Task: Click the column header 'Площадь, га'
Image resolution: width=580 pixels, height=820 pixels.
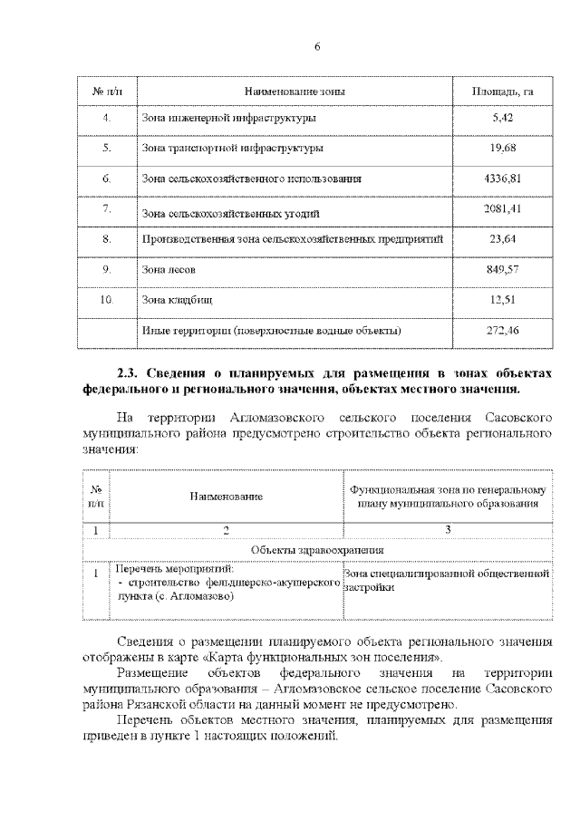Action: coord(502,92)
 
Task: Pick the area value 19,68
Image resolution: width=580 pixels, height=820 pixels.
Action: coord(502,148)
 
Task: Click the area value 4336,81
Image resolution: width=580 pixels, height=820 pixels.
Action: coord(502,178)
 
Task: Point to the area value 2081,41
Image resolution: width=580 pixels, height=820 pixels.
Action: coord(502,209)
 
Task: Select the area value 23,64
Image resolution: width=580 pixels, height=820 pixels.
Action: coord(502,239)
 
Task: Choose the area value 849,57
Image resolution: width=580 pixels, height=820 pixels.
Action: coord(502,270)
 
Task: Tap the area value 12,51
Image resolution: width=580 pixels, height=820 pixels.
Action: coord(502,300)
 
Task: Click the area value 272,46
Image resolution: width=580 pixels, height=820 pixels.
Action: coord(502,331)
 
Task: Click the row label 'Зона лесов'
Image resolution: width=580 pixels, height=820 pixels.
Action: coord(169,270)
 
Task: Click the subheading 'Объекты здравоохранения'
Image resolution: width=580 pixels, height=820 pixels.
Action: coord(317,549)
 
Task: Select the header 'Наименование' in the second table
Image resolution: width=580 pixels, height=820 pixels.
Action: coord(227,497)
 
